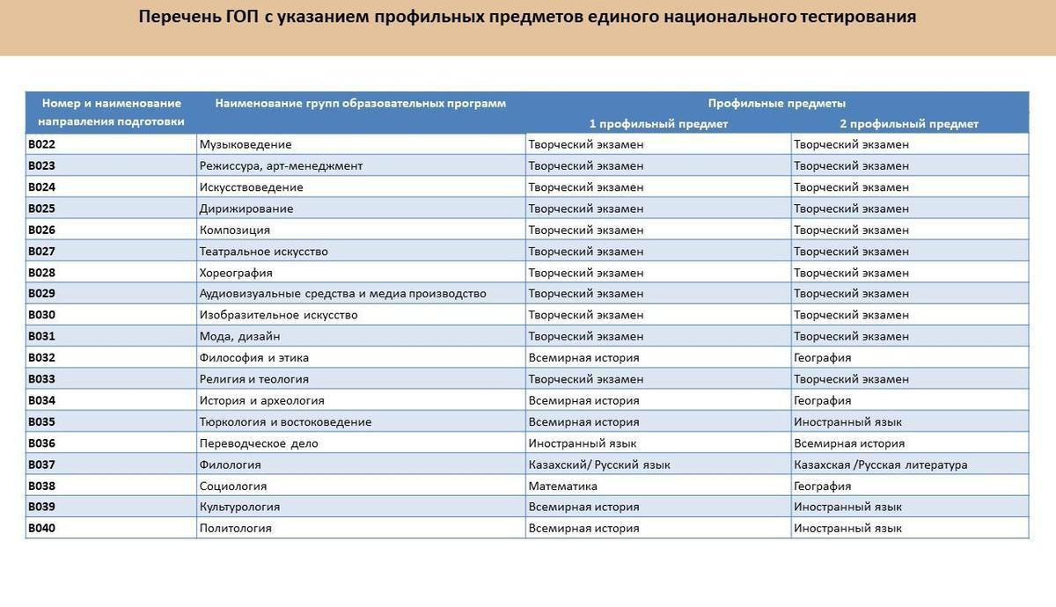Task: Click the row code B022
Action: [41, 144]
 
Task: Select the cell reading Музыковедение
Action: [246, 144]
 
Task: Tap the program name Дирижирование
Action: [246, 208]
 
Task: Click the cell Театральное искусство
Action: [264, 252]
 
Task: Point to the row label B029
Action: [41, 294]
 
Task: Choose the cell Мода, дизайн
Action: [240, 336]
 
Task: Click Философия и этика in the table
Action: [254, 358]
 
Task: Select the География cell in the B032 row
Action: [822, 358]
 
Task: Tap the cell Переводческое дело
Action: [259, 443]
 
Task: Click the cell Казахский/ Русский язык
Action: [598, 464]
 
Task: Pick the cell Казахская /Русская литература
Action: [880, 464]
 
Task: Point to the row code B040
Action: [41, 529]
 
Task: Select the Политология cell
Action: [236, 529]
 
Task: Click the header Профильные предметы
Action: [777, 103]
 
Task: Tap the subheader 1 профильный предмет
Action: [658, 124]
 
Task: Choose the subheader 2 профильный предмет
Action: [909, 124]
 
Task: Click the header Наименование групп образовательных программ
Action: [360, 103]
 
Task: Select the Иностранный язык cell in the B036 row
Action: [583, 443]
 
